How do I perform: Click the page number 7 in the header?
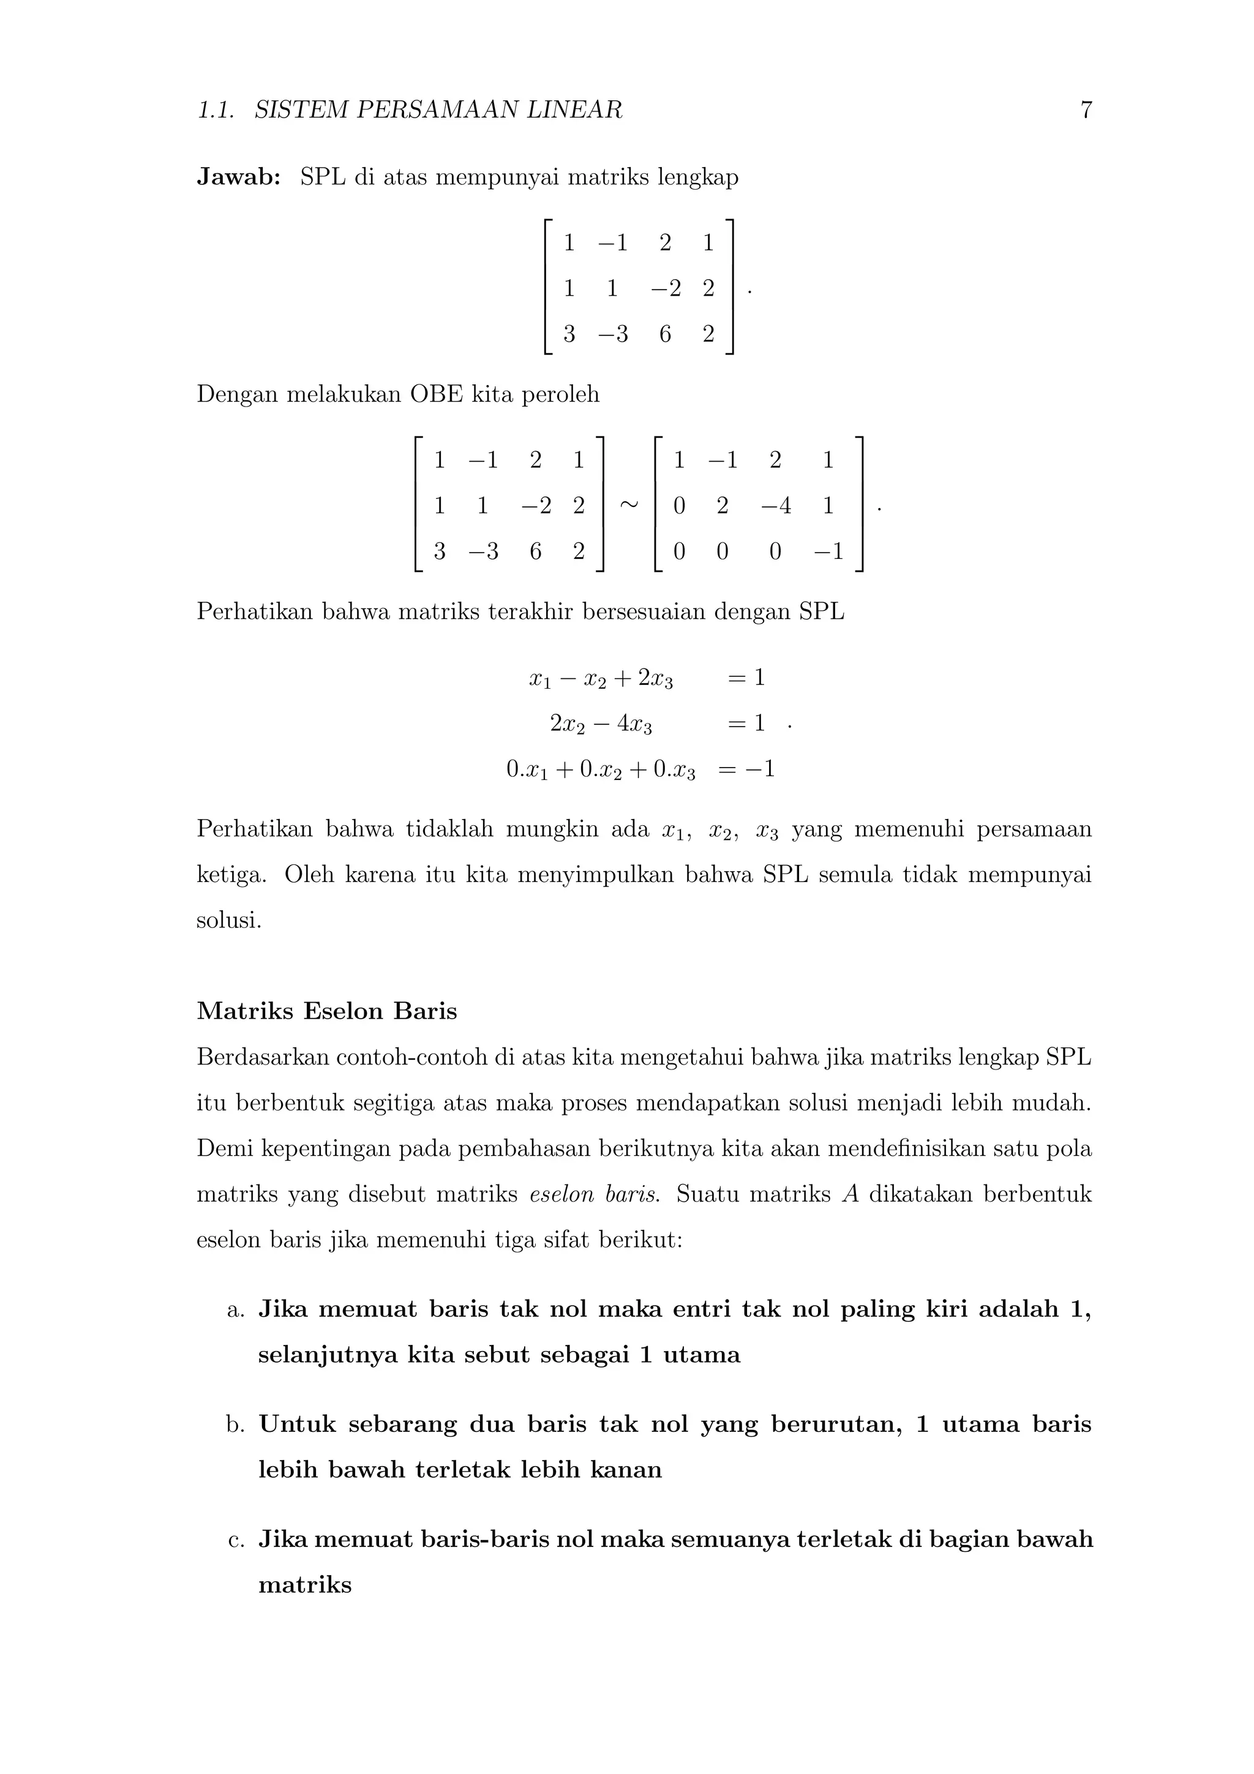tap(1086, 110)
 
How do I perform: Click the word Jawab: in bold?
tap(239, 178)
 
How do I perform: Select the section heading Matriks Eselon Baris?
tap(327, 1011)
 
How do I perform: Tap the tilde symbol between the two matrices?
tap(629, 504)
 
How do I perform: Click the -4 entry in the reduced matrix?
tap(776, 506)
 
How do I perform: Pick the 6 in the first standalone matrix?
tap(664, 335)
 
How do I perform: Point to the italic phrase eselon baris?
tap(594, 1194)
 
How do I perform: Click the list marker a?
tap(236, 1309)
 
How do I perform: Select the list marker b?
tap(236, 1424)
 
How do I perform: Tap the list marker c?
tap(236, 1539)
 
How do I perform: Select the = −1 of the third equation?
tap(746, 769)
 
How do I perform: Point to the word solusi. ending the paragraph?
tap(229, 920)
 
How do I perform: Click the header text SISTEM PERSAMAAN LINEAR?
tap(438, 110)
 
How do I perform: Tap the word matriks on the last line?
tap(304, 1585)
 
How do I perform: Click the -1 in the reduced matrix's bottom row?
tap(827, 552)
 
